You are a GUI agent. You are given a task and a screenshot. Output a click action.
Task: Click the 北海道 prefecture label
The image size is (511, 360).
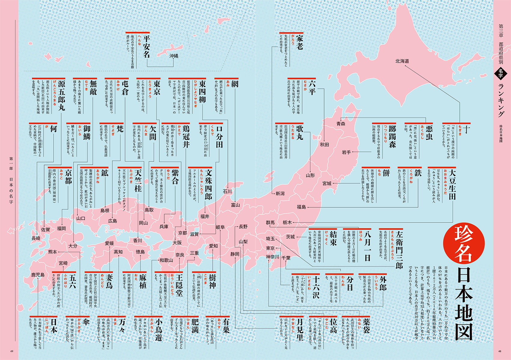(402, 61)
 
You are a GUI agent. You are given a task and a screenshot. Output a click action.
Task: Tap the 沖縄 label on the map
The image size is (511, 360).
(174, 56)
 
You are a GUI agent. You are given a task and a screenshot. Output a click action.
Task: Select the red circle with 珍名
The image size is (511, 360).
(464, 243)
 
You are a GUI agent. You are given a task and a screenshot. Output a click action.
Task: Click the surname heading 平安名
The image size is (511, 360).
(146, 46)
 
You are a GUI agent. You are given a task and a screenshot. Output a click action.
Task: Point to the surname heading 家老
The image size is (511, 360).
(299, 42)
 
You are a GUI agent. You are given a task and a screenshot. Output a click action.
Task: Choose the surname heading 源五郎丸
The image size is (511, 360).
(61, 95)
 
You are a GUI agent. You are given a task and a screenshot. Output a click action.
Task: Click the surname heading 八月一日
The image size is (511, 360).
(367, 246)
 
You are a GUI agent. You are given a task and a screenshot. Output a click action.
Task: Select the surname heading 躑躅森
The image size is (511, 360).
(392, 136)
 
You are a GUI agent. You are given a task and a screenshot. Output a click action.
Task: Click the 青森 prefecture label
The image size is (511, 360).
(341, 124)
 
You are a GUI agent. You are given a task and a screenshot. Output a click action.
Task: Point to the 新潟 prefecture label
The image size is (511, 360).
(280, 194)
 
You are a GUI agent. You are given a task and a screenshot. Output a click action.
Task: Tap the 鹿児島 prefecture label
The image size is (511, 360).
(38, 275)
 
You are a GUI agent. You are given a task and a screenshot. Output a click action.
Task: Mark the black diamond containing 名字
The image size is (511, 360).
(500, 73)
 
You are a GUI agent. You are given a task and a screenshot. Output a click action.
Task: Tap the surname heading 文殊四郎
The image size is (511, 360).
(208, 184)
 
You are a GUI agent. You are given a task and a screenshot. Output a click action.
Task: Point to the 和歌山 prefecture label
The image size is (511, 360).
(166, 260)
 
